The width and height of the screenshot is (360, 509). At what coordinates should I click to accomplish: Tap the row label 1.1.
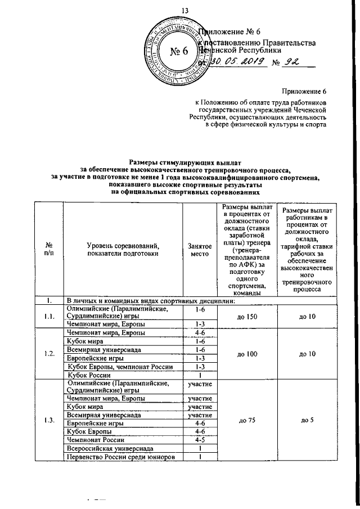48,317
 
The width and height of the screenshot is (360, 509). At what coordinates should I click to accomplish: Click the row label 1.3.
48,420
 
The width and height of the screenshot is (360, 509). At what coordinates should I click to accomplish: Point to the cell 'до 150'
247,317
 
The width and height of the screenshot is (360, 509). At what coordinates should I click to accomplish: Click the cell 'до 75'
247,420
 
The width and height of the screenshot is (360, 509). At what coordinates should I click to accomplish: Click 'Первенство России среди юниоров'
120,457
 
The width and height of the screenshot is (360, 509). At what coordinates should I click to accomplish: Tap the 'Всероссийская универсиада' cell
110,448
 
